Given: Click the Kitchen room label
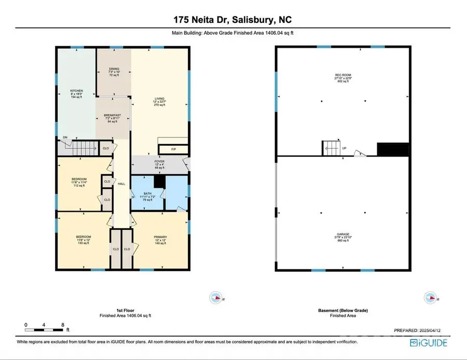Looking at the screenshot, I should click(76, 94).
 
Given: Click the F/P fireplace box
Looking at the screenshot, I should click(174, 149).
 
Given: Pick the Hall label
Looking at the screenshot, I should click(121, 184).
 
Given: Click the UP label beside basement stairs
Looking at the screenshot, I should click(344, 148).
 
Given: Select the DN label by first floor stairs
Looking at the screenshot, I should click(65, 137).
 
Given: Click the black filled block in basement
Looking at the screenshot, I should click(392, 149).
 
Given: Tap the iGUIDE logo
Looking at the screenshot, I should click(429, 342).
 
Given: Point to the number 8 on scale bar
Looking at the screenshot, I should click(62, 325).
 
